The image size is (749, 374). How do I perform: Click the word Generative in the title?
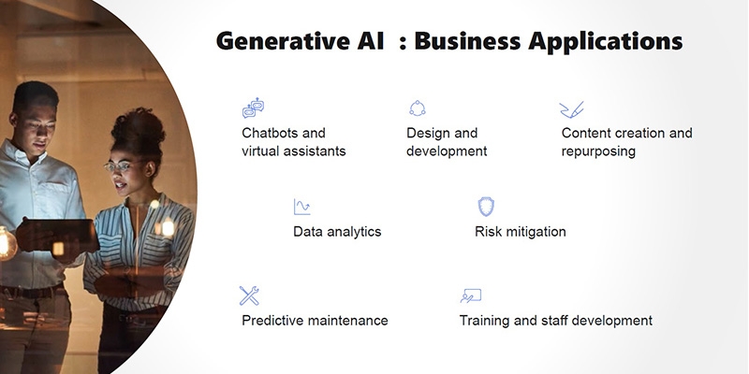[x=279, y=41]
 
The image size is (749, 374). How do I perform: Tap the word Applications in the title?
[x=605, y=42]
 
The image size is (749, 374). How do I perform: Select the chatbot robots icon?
[x=253, y=108]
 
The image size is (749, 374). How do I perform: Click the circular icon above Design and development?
[x=417, y=108]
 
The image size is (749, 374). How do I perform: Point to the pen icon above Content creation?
[x=572, y=109]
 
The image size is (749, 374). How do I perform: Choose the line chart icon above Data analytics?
[x=301, y=207]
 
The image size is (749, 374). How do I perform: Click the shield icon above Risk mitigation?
[x=486, y=207]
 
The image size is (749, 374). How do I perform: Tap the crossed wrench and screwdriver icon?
[x=249, y=295]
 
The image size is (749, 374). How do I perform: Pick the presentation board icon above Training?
[x=471, y=295]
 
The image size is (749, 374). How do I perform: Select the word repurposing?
[x=598, y=151]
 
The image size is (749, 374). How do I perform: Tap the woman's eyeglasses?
[x=118, y=166]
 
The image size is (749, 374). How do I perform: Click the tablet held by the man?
[x=57, y=235]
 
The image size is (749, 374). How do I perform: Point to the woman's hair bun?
[x=138, y=125]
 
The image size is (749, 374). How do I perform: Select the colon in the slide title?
[x=403, y=42]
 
